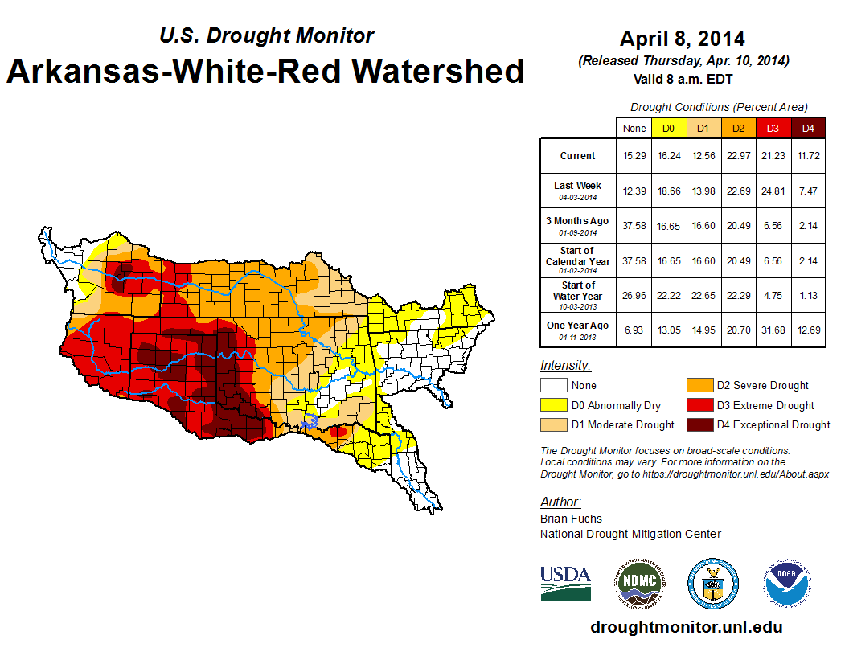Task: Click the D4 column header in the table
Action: pos(808,128)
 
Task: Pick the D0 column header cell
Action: pos(668,128)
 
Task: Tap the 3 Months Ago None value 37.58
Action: pos(634,225)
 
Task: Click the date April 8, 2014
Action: pos(683,39)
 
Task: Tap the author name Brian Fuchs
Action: pos(571,519)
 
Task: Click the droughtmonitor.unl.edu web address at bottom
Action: pos(686,627)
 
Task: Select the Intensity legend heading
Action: pos(565,366)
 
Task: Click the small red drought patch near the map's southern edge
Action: pos(338,432)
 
